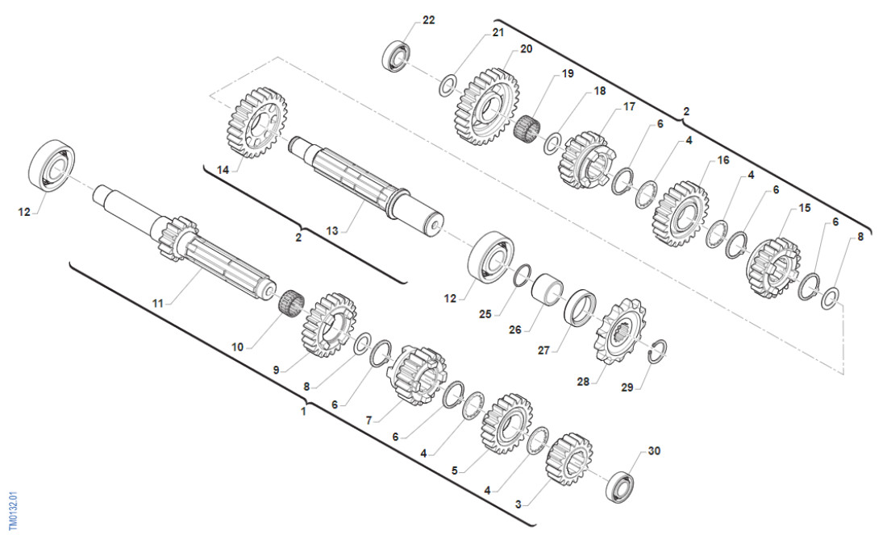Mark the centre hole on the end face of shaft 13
[x=435, y=225]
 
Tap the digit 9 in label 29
[x=631, y=388]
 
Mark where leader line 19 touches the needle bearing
[x=531, y=121]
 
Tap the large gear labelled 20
[x=486, y=108]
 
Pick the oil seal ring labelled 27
[x=581, y=308]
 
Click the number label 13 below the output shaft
[x=332, y=230]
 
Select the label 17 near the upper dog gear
[x=629, y=106]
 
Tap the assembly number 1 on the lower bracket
[x=303, y=412]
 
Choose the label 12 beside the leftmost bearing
[x=23, y=212]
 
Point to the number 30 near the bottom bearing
[x=654, y=451]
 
